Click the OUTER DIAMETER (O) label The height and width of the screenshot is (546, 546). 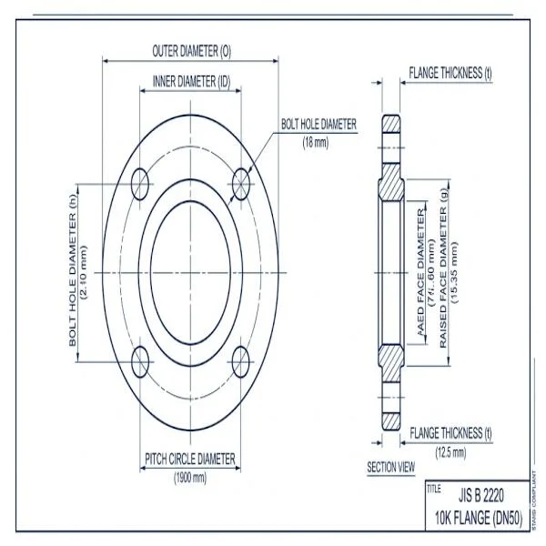[x=191, y=51]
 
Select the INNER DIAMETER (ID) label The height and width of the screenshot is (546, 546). [x=191, y=82]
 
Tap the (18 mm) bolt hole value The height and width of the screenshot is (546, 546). [x=316, y=142]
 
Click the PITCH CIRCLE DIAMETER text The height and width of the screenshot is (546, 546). [x=190, y=458]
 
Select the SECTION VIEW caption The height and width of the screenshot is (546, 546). [x=390, y=467]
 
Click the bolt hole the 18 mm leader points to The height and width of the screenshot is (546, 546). [x=241, y=183]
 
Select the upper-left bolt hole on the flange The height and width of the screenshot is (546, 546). [x=140, y=183]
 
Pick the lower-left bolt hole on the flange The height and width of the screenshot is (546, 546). [x=140, y=361]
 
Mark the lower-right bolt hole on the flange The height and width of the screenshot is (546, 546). [x=241, y=361]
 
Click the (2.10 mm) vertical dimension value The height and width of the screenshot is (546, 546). [x=86, y=272]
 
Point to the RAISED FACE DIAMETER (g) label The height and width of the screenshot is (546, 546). [x=443, y=273]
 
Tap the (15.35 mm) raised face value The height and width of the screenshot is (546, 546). [x=454, y=273]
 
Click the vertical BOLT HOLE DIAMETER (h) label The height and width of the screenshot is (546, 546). [x=73, y=272]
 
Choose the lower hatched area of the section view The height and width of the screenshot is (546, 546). [x=392, y=364]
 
